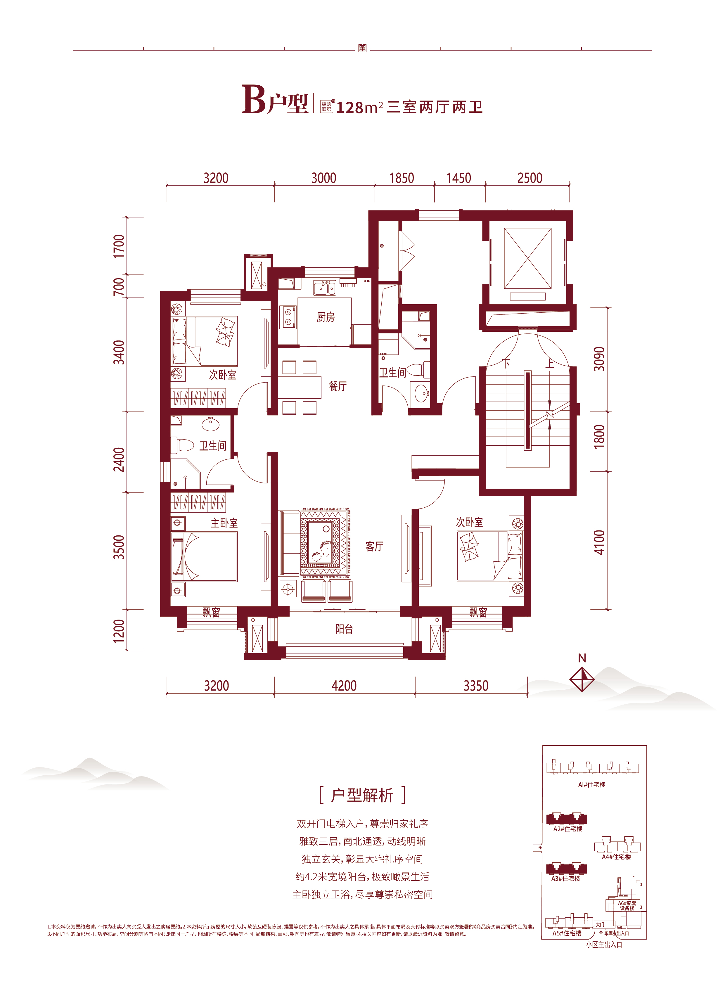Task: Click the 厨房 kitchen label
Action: (x=326, y=317)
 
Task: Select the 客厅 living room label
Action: (x=374, y=546)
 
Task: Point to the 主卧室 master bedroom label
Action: (x=224, y=523)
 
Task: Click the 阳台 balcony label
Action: (x=344, y=629)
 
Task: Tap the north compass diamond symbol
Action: (x=582, y=679)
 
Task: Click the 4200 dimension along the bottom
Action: (x=344, y=685)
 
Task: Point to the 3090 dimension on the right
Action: (x=599, y=359)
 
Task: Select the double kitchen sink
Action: (x=324, y=288)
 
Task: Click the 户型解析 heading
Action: (x=362, y=795)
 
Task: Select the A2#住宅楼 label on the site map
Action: (x=567, y=829)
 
